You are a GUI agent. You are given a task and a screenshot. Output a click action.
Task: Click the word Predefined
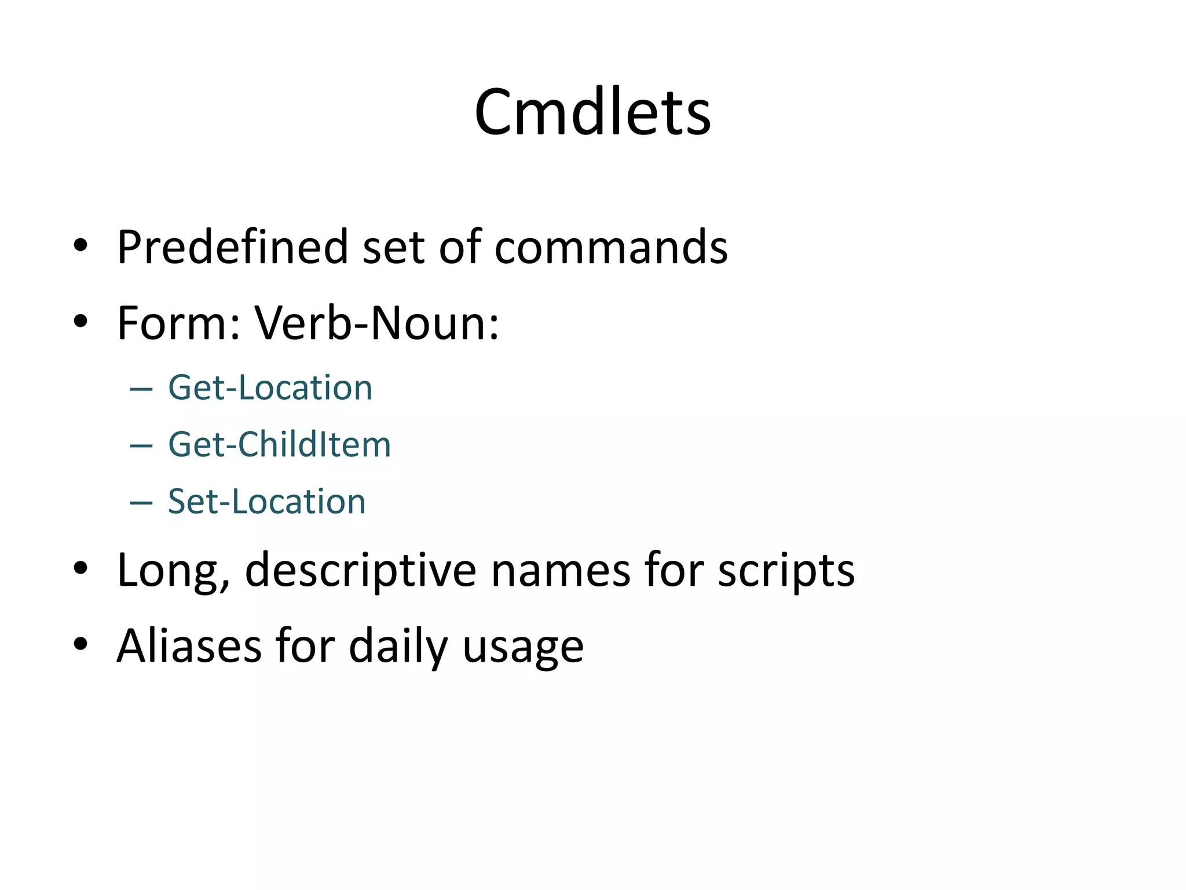click(x=232, y=247)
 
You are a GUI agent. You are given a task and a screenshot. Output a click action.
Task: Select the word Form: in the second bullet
click(x=178, y=323)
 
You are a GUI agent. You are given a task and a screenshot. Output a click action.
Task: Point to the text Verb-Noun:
click(x=376, y=323)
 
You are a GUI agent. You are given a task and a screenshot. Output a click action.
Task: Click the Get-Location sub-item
click(x=270, y=388)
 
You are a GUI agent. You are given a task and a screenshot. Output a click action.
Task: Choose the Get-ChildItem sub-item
click(x=279, y=445)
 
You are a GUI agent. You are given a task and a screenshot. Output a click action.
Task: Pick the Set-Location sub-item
click(x=266, y=502)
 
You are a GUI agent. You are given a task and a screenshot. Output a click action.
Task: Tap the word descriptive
click(x=360, y=571)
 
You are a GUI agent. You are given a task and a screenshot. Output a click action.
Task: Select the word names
click(x=560, y=571)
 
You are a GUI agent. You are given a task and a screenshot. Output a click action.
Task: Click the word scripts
click(x=786, y=571)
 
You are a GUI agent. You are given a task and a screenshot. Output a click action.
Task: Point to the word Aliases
click(x=189, y=645)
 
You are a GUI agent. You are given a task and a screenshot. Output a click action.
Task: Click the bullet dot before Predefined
click(x=80, y=246)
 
